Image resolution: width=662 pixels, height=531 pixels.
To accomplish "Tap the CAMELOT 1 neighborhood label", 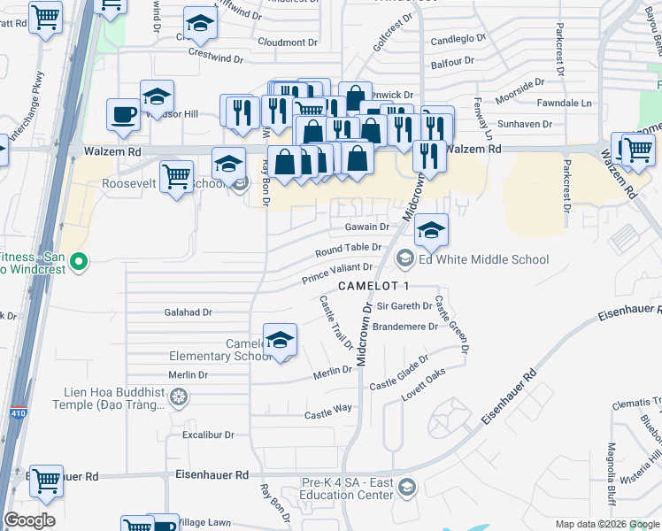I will (374, 285).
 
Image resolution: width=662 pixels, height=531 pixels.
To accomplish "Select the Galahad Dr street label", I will (189, 312).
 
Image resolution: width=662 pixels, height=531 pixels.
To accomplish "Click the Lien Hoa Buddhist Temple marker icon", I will (178, 399).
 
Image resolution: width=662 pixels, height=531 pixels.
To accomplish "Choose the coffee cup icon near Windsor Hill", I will (123, 114).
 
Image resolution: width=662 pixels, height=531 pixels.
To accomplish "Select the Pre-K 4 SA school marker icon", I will (406, 486).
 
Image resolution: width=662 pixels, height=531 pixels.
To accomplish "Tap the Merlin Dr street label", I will (334, 376).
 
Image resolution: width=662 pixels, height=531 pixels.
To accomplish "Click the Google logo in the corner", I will (29, 520).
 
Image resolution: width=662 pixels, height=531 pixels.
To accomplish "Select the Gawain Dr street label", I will (366, 227).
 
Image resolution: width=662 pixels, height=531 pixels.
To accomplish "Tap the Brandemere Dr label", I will (405, 327).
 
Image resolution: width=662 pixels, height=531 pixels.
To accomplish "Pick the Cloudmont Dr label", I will (288, 42).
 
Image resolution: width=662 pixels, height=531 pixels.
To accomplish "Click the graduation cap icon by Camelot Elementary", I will (280, 341).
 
